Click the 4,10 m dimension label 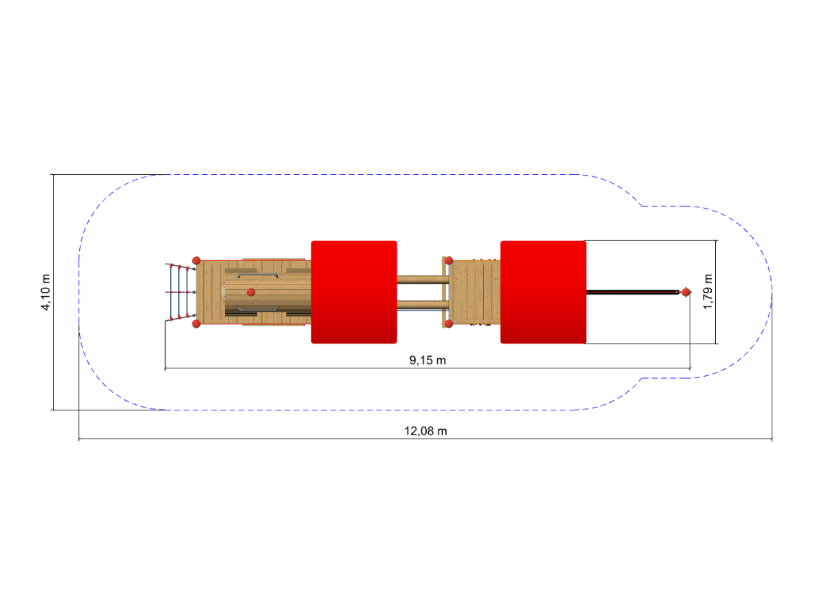pyautogui.click(x=45, y=293)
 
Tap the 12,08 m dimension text pyautogui.click(x=425, y=431)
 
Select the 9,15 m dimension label pyautogui.click(x=427, y=360)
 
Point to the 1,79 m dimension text pyautogui.click(x=708, y=292)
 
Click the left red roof pyautogui.click(x=354, y=292)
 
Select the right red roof pyautogui.click(x=543, y=292)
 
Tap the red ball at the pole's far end pyautogui.click(x=686, y=293)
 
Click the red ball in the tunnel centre pyautogui.click(x=251, y=292)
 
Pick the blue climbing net pyautogui.click(x=180, y=292)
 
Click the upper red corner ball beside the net pyautogui.click(x=196, y=260)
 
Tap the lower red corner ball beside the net pyautogui.click(x=196, y=324)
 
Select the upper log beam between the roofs pyautogui.click(x=423, y=280)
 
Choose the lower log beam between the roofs pyautogui.click(x=423, y=305)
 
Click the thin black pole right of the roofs pyautogui.click(x=633, y=293)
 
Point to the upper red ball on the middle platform pyautogui.click(x=448, y=261)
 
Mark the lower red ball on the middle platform pyautogui.click(x=448, y=324)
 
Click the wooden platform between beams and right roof pyautogui.click(x=474, y=292)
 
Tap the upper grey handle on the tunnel pyautogui.click(x=258, y=275)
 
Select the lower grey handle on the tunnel pyautogui.click(x=258, y=309)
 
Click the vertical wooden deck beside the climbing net pyautogui.click(x=211, y=292)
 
